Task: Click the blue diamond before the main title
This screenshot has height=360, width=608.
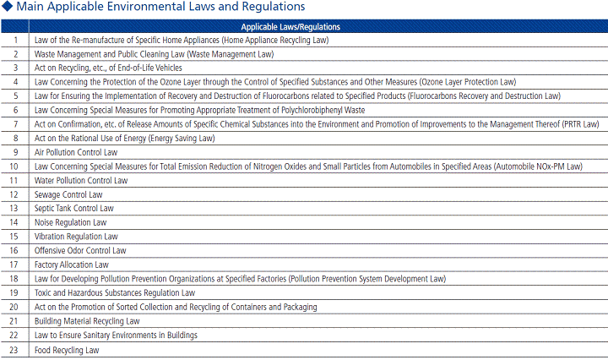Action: click(7, 7)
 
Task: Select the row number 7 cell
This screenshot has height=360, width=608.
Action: click(15, 124)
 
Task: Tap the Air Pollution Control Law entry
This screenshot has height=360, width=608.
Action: click(76, 152)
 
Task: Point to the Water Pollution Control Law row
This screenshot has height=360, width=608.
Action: click(81, 180)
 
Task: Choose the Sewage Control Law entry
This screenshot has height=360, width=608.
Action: click(68, 194)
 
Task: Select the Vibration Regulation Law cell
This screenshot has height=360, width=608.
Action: click(76, 237)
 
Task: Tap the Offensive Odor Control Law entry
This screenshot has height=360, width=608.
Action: click(80, 250)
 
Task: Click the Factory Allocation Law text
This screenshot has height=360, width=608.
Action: click(72, 265)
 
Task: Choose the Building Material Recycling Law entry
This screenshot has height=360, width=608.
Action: click(87, 321)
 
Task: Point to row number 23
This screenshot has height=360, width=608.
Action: click(15, 349)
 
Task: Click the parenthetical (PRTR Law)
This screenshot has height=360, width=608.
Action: click(579, 124)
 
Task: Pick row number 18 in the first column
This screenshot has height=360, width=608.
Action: click(15, 279)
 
